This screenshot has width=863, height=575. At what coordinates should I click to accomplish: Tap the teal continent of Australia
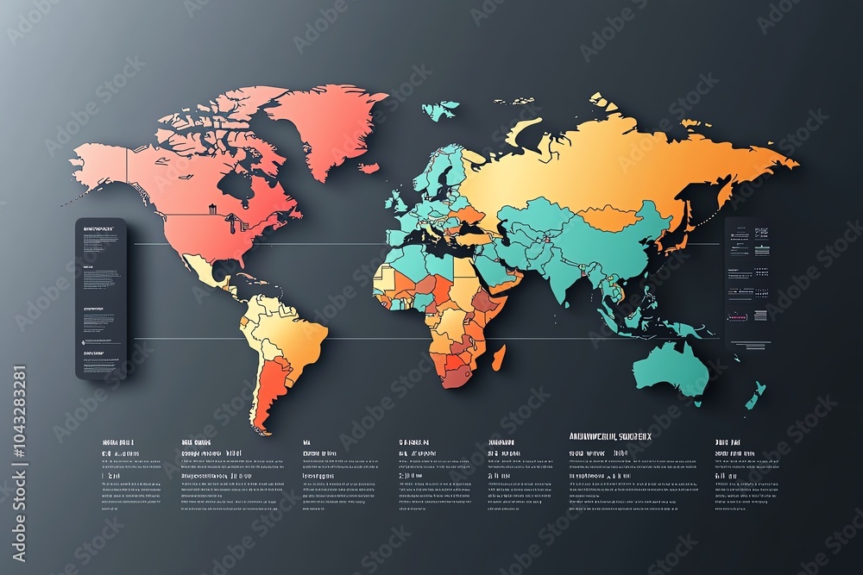pos(672,370)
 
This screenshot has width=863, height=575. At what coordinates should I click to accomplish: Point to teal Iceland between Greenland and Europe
pos(440,110)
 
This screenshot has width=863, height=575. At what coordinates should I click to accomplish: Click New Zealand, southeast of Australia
pos(755,396)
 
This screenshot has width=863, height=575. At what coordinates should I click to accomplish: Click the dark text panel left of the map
pos(101,298)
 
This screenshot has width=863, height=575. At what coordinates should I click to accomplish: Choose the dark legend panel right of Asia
pos(748,280)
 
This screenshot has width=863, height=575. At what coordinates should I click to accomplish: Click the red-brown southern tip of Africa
pos(457,376)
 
